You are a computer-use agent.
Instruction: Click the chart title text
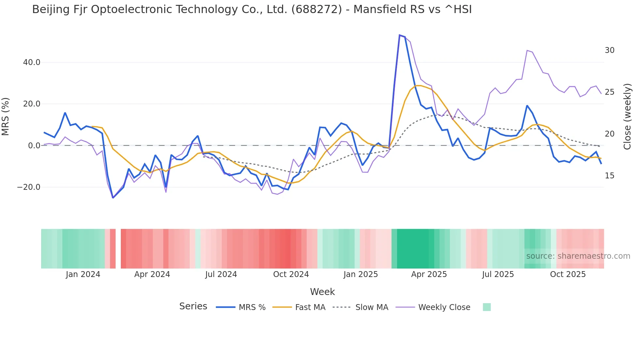click(252, 9)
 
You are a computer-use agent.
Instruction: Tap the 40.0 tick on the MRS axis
click(32, 62)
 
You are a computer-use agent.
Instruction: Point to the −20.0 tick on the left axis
click(29, 187)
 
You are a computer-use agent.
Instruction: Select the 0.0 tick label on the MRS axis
click(34, 146)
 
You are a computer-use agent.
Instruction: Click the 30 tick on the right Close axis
click(610, 50)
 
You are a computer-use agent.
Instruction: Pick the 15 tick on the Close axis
click(610, 176)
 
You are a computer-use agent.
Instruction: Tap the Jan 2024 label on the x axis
click(83, 274)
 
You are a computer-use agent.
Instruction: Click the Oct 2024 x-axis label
click(291, 274)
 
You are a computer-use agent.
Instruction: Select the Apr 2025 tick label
click(429, 274)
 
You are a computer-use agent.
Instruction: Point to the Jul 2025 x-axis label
click(498, 274)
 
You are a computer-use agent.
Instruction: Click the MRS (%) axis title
click(6, 117)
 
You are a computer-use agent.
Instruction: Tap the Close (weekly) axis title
click(627, 117)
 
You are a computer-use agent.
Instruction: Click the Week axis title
click(322, 292)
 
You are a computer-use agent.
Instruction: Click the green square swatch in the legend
click(487, 307)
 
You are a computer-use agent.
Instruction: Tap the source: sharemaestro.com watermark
click(578, 256)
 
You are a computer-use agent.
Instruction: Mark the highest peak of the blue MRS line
click(400, 35)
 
